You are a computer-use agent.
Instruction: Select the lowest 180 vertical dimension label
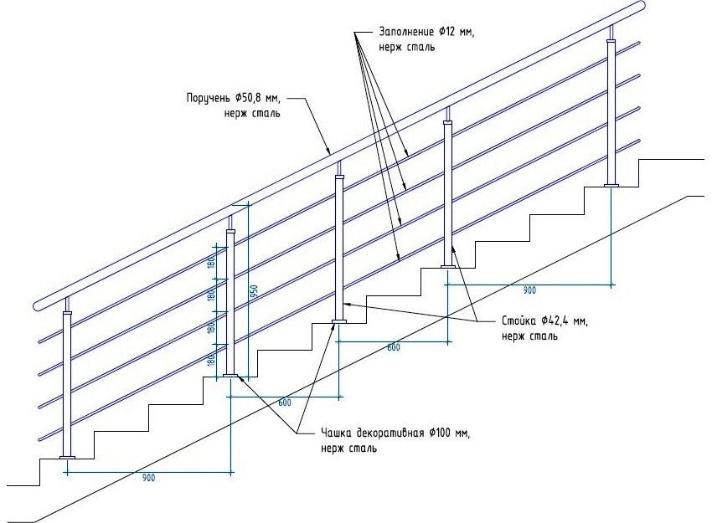click(x=213, y=361)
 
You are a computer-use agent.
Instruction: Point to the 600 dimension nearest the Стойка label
click(x=394, y=347)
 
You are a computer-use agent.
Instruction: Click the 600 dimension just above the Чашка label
click(x=285, y=403)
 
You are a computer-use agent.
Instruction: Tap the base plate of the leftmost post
click(x=67, y=457)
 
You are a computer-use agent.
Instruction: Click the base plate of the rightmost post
click(x=612, y=186)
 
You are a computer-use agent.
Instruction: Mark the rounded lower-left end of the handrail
click(x=39, y=302)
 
